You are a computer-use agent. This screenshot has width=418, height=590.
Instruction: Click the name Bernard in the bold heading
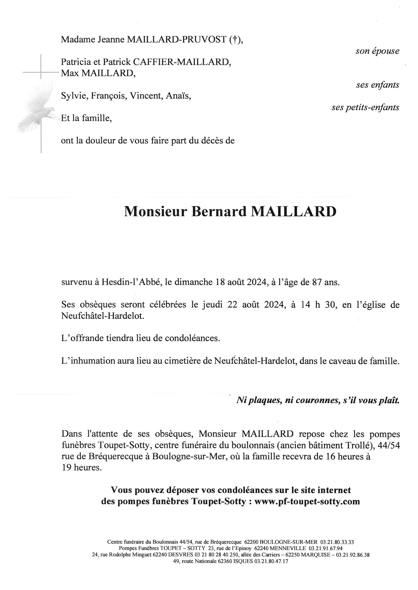219,212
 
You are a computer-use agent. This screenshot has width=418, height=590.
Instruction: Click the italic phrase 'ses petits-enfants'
365,107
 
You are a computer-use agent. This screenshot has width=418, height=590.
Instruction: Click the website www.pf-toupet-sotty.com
307,501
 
